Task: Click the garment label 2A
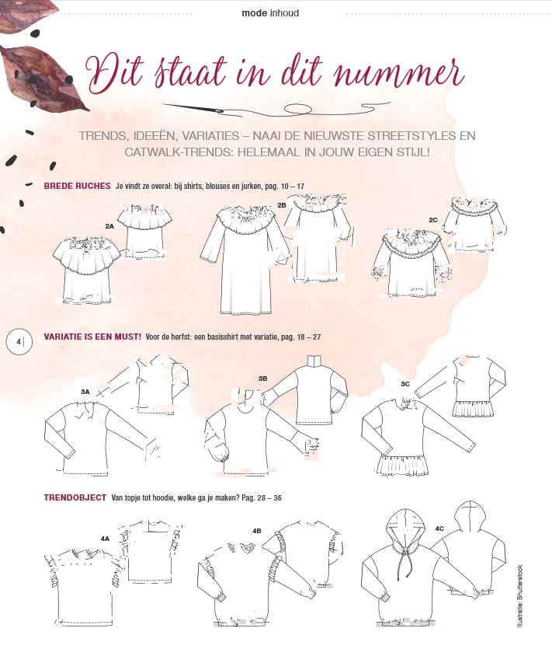tap(109, 226)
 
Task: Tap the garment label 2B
tap(282, 205)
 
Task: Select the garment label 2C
tap(433, 220)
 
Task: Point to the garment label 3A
tap(85, 392)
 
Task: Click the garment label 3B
tap(263, 379)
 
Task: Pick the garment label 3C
tap(405, 384)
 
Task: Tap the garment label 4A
tap(105, 539)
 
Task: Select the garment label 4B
tap(257, 531)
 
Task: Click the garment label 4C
tap(439, 529)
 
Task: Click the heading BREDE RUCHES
tap(78, 186)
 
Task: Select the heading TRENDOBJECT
tap(75, 497)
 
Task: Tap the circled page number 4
tap(19, 342)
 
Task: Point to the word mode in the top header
tap(255, 13)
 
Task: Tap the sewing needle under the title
tap(193, 108)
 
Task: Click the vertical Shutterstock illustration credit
tap(520, 595)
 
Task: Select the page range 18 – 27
tap(309, 337)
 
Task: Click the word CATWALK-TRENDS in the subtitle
tap(179, 152)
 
